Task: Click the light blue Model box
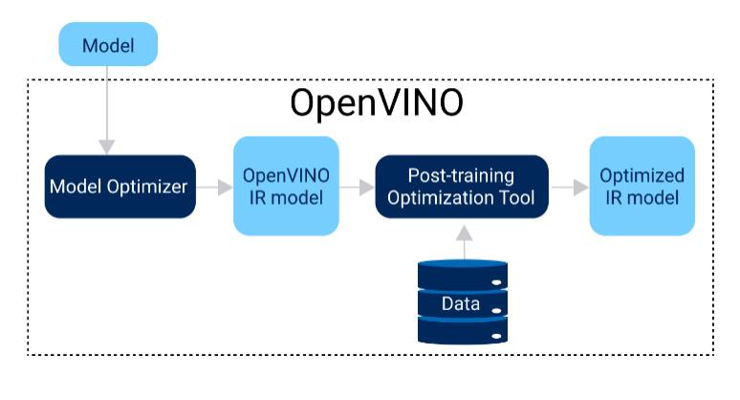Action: click(107, 45)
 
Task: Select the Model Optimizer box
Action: click(120, 186)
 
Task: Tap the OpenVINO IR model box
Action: click(286, 186)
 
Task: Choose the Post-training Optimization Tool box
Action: click(461, 186)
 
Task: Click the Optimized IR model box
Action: click(642, 186)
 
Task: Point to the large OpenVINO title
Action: click(377, 103)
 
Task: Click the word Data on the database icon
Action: click(461, 304)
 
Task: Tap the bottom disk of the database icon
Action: click(461, 330)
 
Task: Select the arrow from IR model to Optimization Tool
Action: click(357, 187)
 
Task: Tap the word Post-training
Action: click(461, 176)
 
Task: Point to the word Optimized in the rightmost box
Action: click(642, 176)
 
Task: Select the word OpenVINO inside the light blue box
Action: click(286, 176)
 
